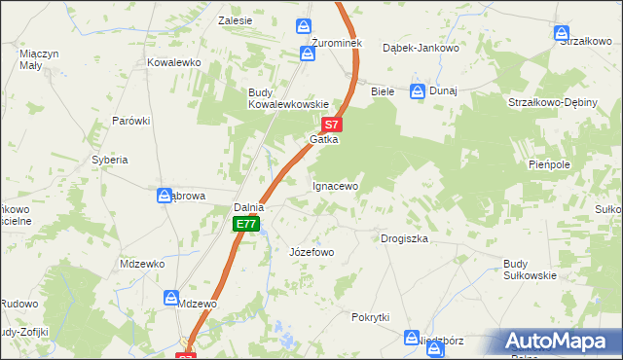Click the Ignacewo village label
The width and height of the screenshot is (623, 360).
click(x=336, y=186)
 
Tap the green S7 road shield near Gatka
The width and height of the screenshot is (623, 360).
click(x=332, y=125)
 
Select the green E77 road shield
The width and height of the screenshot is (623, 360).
click(x=246, y=225)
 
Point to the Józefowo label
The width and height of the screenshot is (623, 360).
click(x=311, y=252)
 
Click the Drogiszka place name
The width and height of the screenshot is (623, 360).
click(x=404, y=238)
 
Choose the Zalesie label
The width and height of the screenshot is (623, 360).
click(x=236, y=20)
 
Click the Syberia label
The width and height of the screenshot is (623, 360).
click(x=110, y=159)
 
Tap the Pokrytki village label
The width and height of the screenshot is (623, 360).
click(x=371, y=317)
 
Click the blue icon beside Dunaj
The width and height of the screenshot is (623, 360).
click(x=418, y=91)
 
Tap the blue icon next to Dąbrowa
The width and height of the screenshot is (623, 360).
click(x=165, y=196)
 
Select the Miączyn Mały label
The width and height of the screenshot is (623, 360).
click(x=40, y=59)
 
